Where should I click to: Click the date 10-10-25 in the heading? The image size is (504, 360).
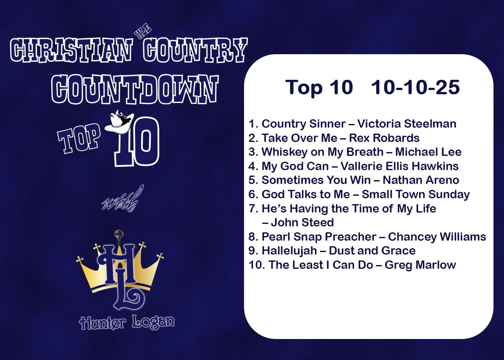point(415,87)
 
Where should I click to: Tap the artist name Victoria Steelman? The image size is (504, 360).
point(407,124)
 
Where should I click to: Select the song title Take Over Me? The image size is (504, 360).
point(299,138)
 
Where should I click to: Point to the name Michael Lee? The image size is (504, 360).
point(428,152)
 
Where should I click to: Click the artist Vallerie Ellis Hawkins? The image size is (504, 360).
point(399,166)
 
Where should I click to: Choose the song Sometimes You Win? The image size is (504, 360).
point(316,180)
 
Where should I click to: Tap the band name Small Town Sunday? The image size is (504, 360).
point(416,194)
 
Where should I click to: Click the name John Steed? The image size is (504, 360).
point(302,222)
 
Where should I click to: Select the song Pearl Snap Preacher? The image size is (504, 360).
point(319,236)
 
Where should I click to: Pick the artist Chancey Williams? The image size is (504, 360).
point(437,236)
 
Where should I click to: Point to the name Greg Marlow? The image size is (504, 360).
point(420,265)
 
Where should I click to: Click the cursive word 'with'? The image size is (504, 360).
point(123,199)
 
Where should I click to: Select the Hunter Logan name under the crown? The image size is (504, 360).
point(127,322)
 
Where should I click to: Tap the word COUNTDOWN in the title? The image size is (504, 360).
point(135,89)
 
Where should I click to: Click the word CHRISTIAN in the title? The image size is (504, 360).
point(71,50)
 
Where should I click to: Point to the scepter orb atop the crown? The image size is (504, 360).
point(118,234)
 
